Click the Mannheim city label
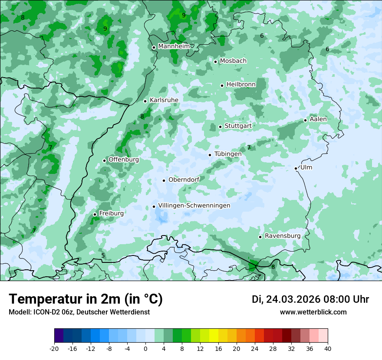point(174,46)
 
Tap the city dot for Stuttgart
point(220,127)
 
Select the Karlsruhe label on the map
point(164,100)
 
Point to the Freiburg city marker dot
point(95,214)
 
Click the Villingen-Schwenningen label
point(194,206)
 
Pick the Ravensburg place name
point(283,236)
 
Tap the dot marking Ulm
point(296,168)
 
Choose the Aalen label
point(318,119)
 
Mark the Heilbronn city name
point(241,84)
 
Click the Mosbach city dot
point(215,62)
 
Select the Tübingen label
point(228,154)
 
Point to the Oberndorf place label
point(184,180)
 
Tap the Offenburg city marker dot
point(104,160)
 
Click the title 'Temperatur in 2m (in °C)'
point(86,299)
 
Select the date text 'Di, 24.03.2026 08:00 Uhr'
point(310,299)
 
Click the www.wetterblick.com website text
point(313,312)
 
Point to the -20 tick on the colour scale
point(54,348)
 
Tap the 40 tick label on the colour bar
point(328,348)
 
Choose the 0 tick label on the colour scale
point(145,348)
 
